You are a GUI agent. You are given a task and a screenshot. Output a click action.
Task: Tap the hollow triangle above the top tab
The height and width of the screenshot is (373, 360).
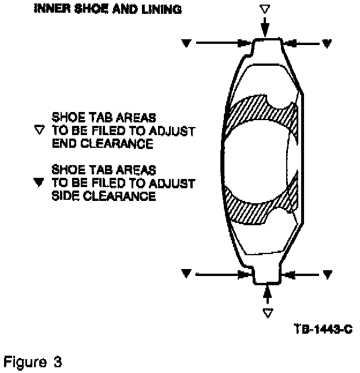(x=264, y=9)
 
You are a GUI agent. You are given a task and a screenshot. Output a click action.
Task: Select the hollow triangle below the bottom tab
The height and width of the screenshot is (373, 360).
(x=267, y=312)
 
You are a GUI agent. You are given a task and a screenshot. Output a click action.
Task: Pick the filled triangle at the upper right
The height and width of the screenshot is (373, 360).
(x=327, y=43)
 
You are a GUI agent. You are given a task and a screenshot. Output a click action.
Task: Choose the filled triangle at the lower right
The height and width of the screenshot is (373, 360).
(x=327, y=274)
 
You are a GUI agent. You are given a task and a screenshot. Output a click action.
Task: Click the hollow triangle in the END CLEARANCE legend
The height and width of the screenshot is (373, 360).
(x=40, y=130)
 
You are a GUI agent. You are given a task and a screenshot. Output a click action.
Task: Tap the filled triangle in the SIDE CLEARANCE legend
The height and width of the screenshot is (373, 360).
(x=40, y=183)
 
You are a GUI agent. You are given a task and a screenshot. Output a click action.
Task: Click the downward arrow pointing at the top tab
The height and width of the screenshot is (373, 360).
(x=264, y=27)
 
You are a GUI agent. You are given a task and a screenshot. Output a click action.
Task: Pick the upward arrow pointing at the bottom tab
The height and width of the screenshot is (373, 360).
(x=267, y=294)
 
